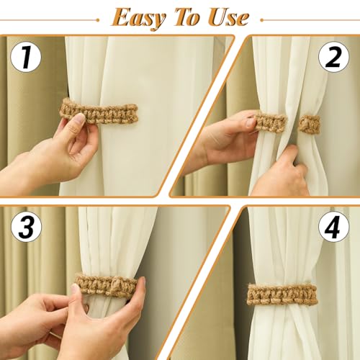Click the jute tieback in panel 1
tap(101, 113)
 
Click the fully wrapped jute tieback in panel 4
tap(282, 294)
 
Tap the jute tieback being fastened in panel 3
tap(108, 284)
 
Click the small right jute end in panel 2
tap(310, 124)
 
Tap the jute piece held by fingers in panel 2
tap(270, 122)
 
